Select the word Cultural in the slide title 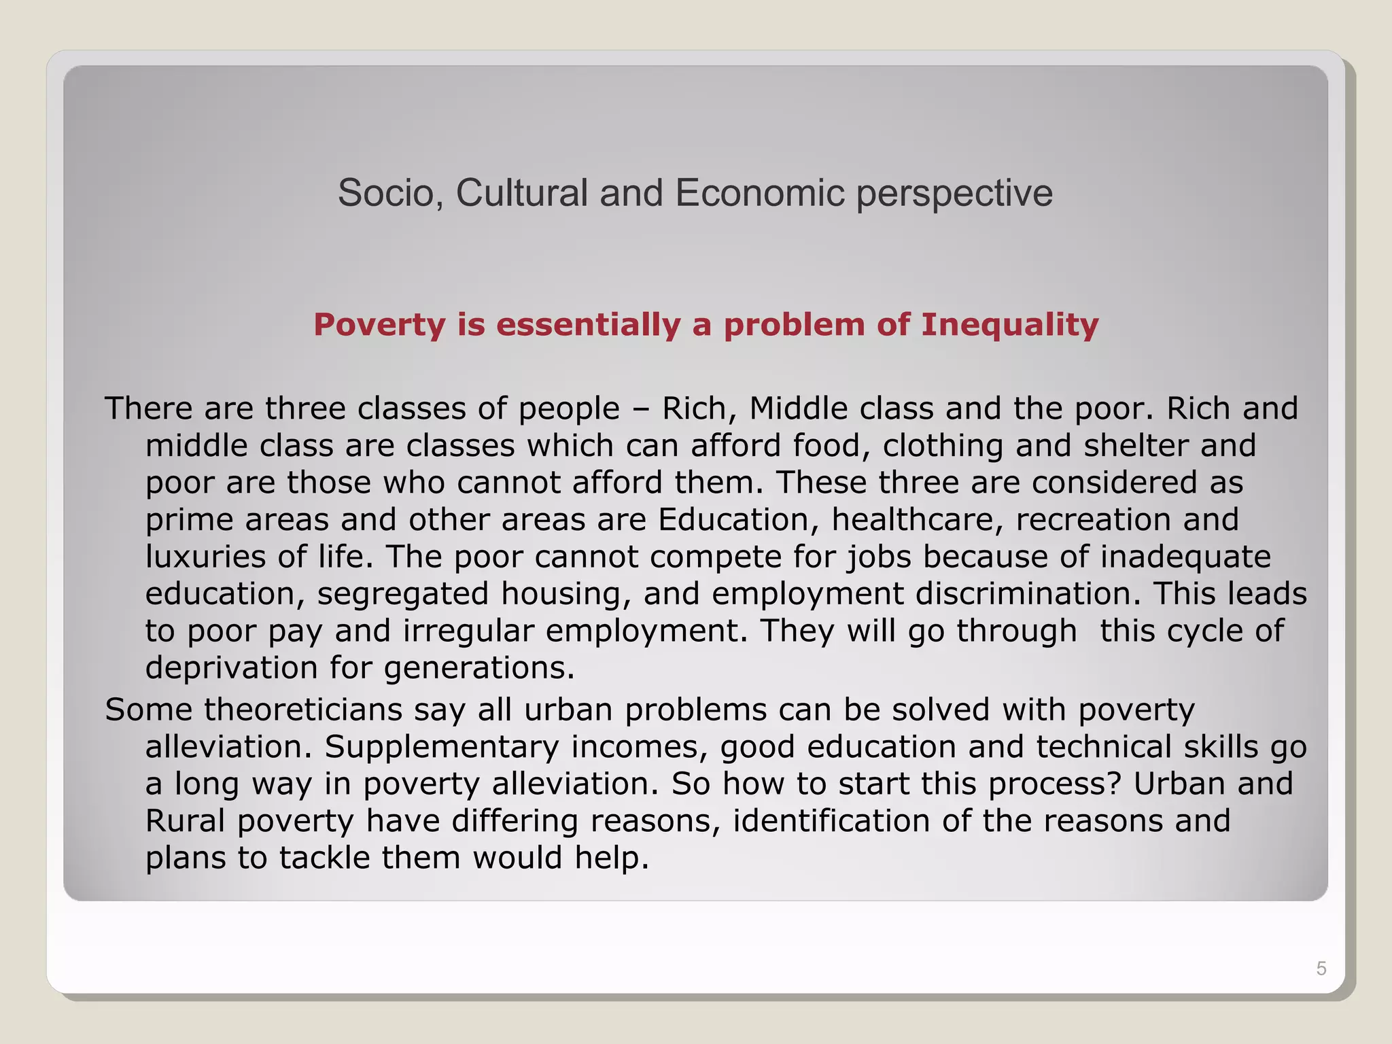[521, 193]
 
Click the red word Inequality [1009, 325]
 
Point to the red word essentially [588, 325]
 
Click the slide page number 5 [1321, 969]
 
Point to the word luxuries [205, 557]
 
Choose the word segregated [402, 594]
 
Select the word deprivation [231, 668]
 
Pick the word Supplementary [441, 747]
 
